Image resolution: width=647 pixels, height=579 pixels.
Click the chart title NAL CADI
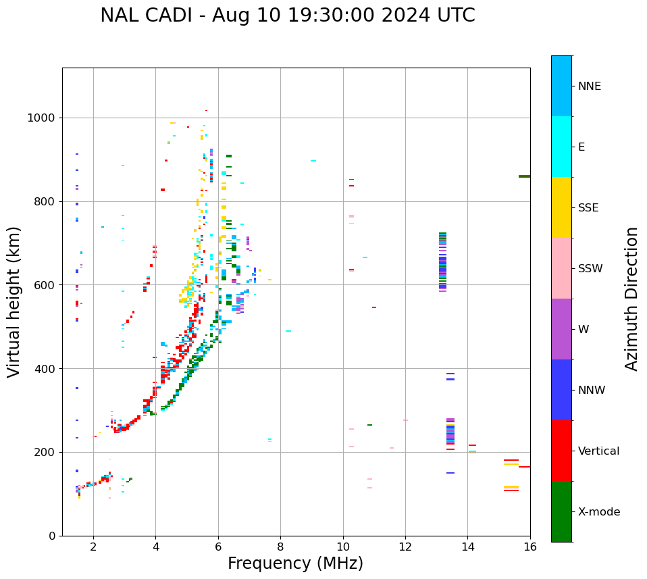(x=287, y=16)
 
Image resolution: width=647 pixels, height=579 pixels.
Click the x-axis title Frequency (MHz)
(x=295, y=563)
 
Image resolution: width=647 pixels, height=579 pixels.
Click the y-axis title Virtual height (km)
(x=14, y=301)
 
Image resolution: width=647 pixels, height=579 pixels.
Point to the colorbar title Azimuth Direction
(x=631, y=299)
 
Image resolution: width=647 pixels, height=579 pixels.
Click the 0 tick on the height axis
(x=51, y=536)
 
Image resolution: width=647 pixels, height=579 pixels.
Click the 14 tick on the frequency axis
(x=467, y=547)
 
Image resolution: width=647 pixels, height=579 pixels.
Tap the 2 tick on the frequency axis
(x=93, y=547)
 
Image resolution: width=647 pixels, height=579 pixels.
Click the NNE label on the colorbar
(x=589, y=86)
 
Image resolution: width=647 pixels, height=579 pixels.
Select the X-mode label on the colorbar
(x=598, y=512)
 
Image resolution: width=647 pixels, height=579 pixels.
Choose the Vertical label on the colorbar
(x=598, y=451)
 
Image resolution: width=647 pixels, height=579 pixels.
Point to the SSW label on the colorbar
(x=590, y=269)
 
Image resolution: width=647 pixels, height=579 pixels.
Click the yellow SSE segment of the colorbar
(x=561, y=207)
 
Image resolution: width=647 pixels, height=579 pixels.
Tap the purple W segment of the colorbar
(x=561, y=329)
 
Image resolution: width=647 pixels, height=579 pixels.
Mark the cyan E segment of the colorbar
(x=561, y=147)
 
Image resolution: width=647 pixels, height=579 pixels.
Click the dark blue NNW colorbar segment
(x=561, y=390)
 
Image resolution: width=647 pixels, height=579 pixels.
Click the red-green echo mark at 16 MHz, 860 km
(x=524, y=176)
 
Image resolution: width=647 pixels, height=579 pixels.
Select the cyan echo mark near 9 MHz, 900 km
(x=313, y=161)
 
